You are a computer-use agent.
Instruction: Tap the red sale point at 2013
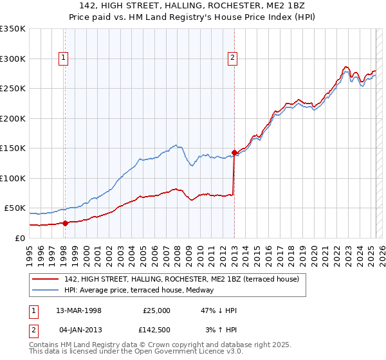pos(234,153)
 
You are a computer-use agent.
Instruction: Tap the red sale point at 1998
pos(66,223)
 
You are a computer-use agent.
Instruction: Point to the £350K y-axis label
pos(13,29)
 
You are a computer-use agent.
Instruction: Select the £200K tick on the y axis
pos(13,118)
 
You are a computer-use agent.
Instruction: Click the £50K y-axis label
pos(15,208)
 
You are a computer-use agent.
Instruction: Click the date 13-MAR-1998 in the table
pos(78,310)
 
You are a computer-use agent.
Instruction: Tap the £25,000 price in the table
pos(157,310)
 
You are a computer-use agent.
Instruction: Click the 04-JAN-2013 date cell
pos(78,330)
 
